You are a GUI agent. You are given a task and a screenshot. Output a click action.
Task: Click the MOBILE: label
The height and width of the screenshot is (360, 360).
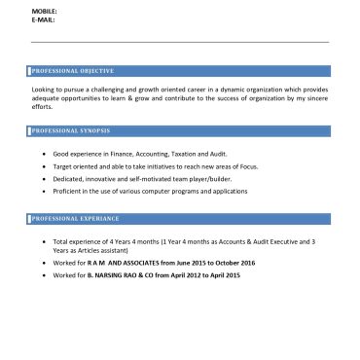(x=45, y=10)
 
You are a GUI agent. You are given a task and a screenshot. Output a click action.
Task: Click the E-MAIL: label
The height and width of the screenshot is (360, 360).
(x=44, y=18)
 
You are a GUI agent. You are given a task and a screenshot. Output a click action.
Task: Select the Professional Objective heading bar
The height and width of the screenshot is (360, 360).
(x=180, y=71)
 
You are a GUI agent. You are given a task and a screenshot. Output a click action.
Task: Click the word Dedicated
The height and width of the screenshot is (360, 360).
(x=68, y=179)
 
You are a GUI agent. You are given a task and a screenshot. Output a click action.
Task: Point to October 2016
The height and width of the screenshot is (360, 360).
(x=235, y=264)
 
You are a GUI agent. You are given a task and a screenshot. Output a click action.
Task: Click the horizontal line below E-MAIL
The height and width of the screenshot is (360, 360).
(x=180, y=42)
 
